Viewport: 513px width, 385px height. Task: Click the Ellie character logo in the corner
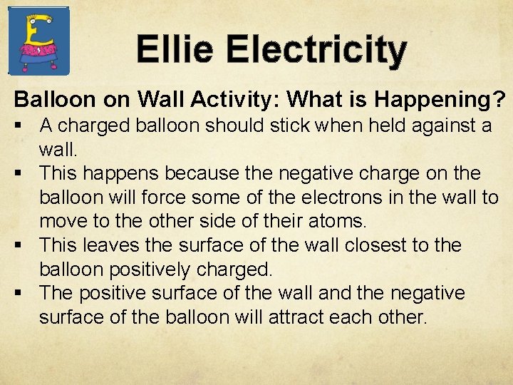[38, 40]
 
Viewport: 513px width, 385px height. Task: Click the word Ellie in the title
[175, 50]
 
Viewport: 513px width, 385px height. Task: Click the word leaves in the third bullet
[111, 245]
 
